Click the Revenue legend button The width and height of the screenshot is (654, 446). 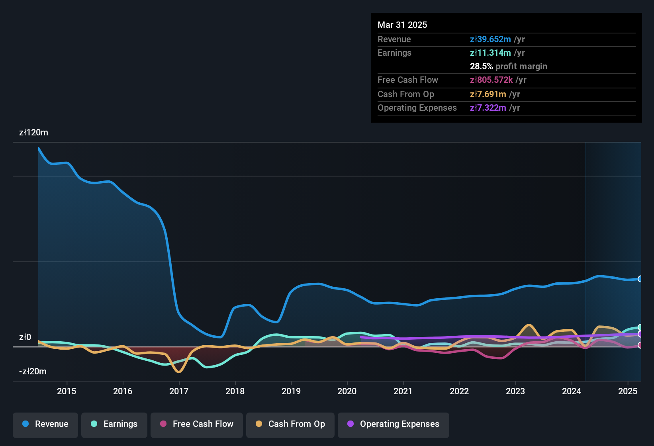[45, 424]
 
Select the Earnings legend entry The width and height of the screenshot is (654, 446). [114, 424]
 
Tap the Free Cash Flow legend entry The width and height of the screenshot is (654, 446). [197, 424]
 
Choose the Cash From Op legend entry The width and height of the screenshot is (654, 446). [290, 424]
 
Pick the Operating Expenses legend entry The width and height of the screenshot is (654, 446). [394, 424]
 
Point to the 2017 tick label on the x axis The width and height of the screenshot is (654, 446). [179, 391]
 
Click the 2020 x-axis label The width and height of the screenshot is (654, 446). [347, 391]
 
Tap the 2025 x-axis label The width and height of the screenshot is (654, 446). [628, 391]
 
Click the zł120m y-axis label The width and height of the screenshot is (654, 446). [33, 133]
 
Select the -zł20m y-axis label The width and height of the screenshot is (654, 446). [33, 372]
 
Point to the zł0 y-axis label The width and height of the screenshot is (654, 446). [25, 337]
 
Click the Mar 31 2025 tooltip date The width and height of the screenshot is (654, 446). [402, 25]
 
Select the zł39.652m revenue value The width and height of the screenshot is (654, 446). [490, 39]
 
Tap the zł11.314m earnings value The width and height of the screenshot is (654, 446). [490, 53]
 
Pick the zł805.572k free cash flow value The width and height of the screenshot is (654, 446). [491, 80]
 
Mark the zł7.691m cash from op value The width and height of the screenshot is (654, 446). [488, 94]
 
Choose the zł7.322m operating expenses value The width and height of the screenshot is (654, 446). [488, 108]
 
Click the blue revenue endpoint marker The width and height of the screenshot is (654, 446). [640, 279]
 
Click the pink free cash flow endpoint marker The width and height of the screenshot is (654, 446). [640, 345]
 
